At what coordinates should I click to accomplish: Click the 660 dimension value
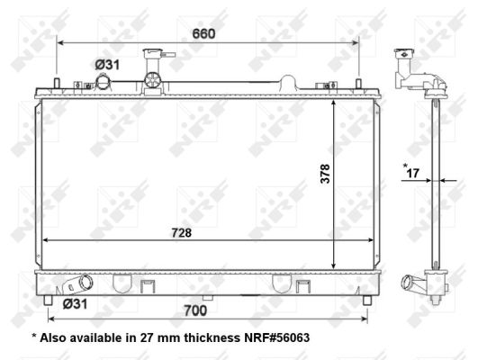203,34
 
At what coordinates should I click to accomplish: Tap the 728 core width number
181,233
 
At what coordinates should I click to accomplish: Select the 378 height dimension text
325,174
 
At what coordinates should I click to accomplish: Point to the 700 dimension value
195,310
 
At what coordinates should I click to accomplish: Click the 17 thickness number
413,174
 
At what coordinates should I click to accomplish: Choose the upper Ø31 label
107,65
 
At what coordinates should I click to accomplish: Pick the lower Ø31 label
75,304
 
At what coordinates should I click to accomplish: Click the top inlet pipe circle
104,82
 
